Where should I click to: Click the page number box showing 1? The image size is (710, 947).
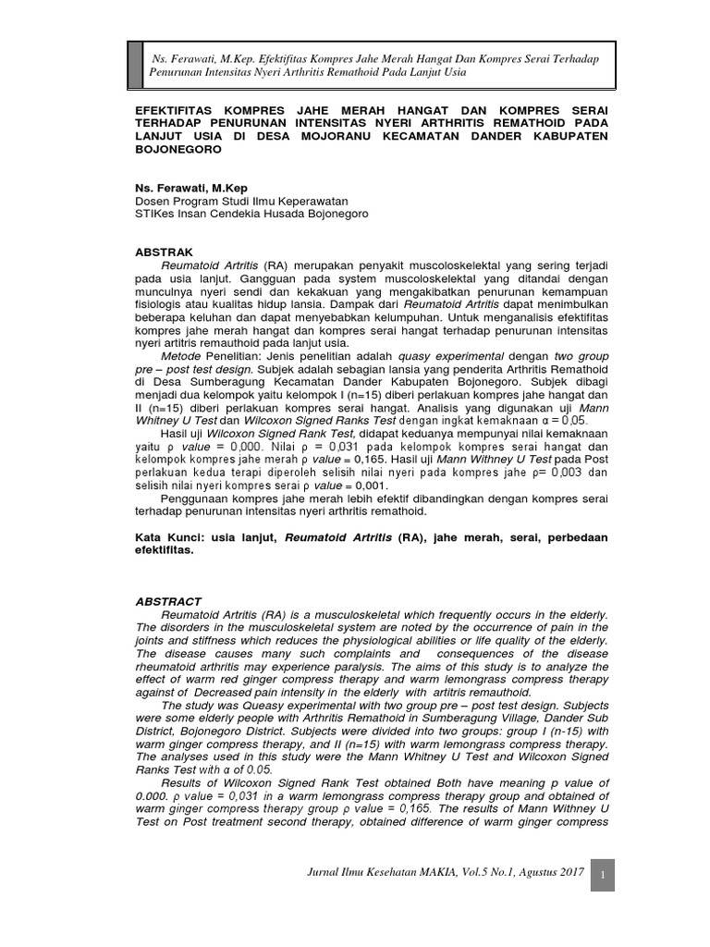[x=602, y=875]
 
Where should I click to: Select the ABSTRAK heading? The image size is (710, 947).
[x=164, y=252]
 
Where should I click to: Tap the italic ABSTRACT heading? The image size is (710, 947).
[x=168, y=601]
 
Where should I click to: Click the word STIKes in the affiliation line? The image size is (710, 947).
[x=155, y=213]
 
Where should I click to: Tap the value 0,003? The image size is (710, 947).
[x=565, y=473]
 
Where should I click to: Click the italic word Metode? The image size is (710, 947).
[x=183, y=355]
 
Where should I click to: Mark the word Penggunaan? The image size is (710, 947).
[x=197, y=498]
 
